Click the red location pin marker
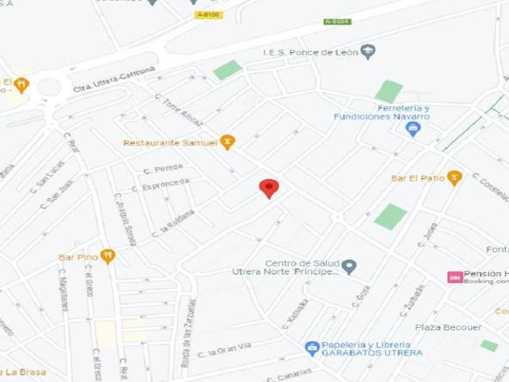pyautogui.click(x=270, y=188)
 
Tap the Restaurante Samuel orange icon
pyautogui.click(x=228, y=142)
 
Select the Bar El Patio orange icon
pyautogui.click(x=454, y=177)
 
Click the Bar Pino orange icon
pyautogui.click(x=107, y=256)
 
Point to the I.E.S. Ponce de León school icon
pyautogui.click(x=367, y=53)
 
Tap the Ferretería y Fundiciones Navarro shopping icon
pyautogui.click(x=413, y=129)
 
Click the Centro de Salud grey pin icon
pyautogui.click(x=349, y=267)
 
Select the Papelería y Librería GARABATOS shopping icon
pyautogui.click(x=313, y=349)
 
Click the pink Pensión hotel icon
pyautogui.click(x=455, y=277)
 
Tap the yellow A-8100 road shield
pyautogui.click(x=208, y=14)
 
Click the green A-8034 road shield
pyautogui.click(x=337, y=21)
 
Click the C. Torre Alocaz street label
pyautogui.click(x=179, y=111)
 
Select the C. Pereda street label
pyautogui.click(x=163, y=169)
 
